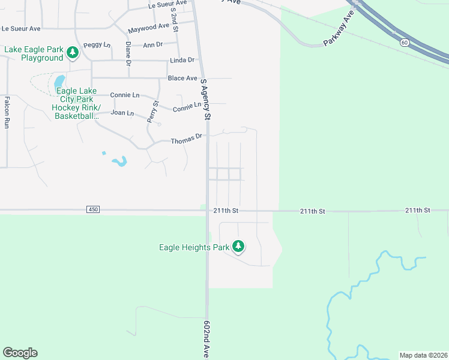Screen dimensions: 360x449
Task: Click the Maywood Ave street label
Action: [x=149, y=27]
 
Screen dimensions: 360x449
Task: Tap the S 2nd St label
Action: [x=174, y=19]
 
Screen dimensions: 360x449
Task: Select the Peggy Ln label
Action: [x=97, y=45]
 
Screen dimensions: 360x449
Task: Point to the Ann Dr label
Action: [x=152, y=44]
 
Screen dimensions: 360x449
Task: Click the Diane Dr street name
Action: [x=128, y=53]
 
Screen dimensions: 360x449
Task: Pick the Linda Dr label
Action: [x=182, y=60]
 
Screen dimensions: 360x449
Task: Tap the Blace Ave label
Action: [x=182, y=78]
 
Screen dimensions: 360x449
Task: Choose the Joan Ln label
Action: [x=122, y=113]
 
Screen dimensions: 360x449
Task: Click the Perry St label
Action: [x=153, y=112]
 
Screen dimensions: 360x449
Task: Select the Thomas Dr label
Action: [x=185, y=140]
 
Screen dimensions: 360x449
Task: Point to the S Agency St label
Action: [x=205, y=99]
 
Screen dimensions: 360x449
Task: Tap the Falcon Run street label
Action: [x=7, y=112]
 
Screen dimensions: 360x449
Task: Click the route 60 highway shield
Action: [x=405, y=42]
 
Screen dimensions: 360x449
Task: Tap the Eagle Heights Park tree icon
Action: [x=238, y=246]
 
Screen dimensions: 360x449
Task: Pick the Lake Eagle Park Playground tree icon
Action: [x=73, y=53]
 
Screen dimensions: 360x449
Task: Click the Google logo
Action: [x=20, y=353]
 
